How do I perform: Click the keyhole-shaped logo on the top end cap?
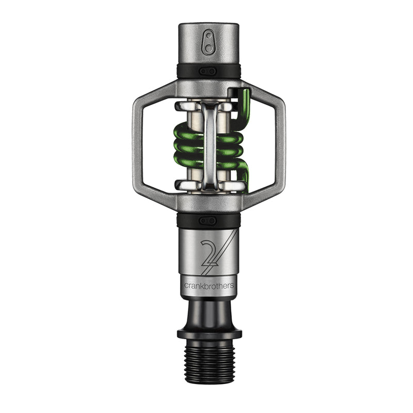click(x=209, y=43)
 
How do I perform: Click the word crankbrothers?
click(x=209, y=285)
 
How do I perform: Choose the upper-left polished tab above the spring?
click(x=185, y=106)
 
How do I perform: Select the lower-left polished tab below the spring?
click(x=185, y=184)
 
